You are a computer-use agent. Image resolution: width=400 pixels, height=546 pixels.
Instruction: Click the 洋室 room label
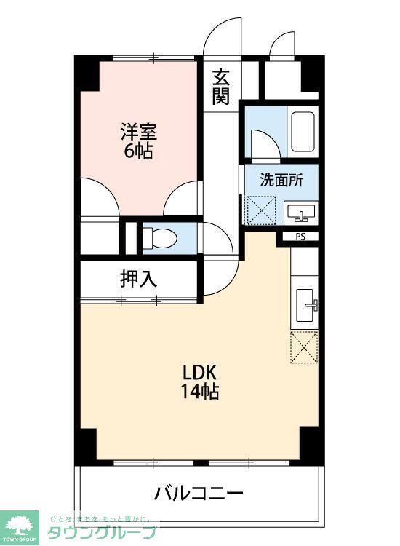click(138, 133)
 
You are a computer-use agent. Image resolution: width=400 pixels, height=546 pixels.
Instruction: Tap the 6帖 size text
click(138, 151)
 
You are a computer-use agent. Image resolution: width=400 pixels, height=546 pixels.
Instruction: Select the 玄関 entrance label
click(221, 85)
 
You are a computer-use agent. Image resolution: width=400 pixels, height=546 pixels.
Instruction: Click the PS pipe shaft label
click(300, 236)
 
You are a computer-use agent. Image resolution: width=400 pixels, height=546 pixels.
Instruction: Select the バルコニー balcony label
click(198, 493)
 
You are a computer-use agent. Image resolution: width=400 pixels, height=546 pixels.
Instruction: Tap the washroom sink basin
click(300, 213)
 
